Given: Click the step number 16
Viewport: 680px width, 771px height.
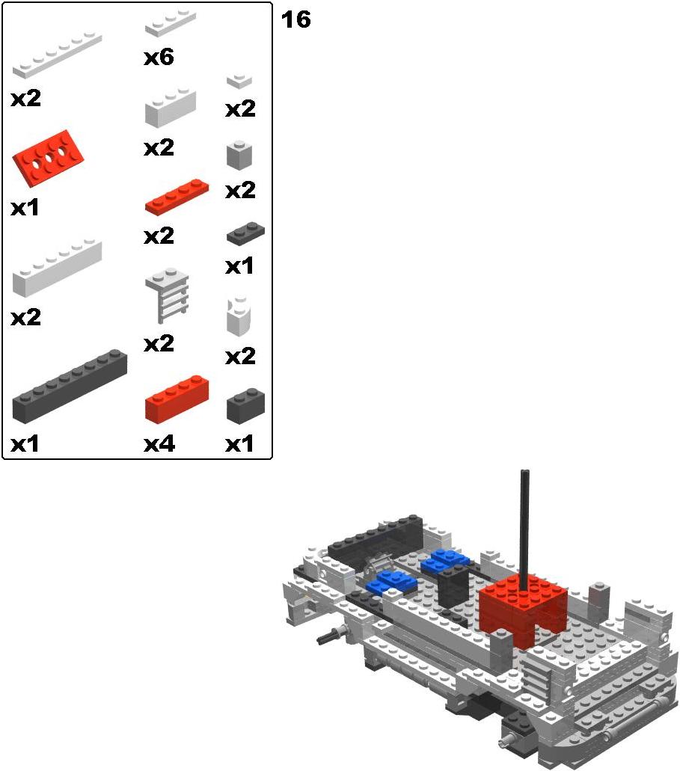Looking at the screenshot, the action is [295, 19].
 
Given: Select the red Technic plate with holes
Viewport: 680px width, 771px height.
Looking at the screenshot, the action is [48, 157].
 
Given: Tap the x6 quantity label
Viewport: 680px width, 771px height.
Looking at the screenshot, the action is [159, 57].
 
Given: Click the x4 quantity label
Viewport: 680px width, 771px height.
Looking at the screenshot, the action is [159, 444].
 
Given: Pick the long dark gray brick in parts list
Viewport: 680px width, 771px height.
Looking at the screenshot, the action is [70, 386].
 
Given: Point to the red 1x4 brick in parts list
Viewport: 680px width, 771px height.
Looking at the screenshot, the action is [177, 399].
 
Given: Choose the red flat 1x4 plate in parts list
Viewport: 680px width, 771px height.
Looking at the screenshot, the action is [177, 197].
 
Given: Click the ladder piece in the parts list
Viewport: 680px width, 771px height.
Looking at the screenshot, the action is [168, 295].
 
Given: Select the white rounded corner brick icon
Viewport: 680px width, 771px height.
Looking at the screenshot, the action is [239, 316].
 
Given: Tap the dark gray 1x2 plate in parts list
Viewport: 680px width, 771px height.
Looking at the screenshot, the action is [245, 233].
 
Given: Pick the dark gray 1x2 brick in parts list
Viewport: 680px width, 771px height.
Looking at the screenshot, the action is [245, 405].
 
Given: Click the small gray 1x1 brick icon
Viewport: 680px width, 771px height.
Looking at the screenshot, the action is [239, 156].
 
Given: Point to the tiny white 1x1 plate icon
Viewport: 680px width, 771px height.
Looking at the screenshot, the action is [239, 81].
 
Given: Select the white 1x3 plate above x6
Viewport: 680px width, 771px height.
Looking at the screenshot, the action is [171, 23].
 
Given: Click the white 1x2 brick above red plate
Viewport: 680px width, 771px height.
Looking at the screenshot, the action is [171, 108].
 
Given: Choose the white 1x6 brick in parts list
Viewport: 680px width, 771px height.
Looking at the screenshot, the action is [57, 268].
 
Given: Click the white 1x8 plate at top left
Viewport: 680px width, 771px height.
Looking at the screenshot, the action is [57, 55].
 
